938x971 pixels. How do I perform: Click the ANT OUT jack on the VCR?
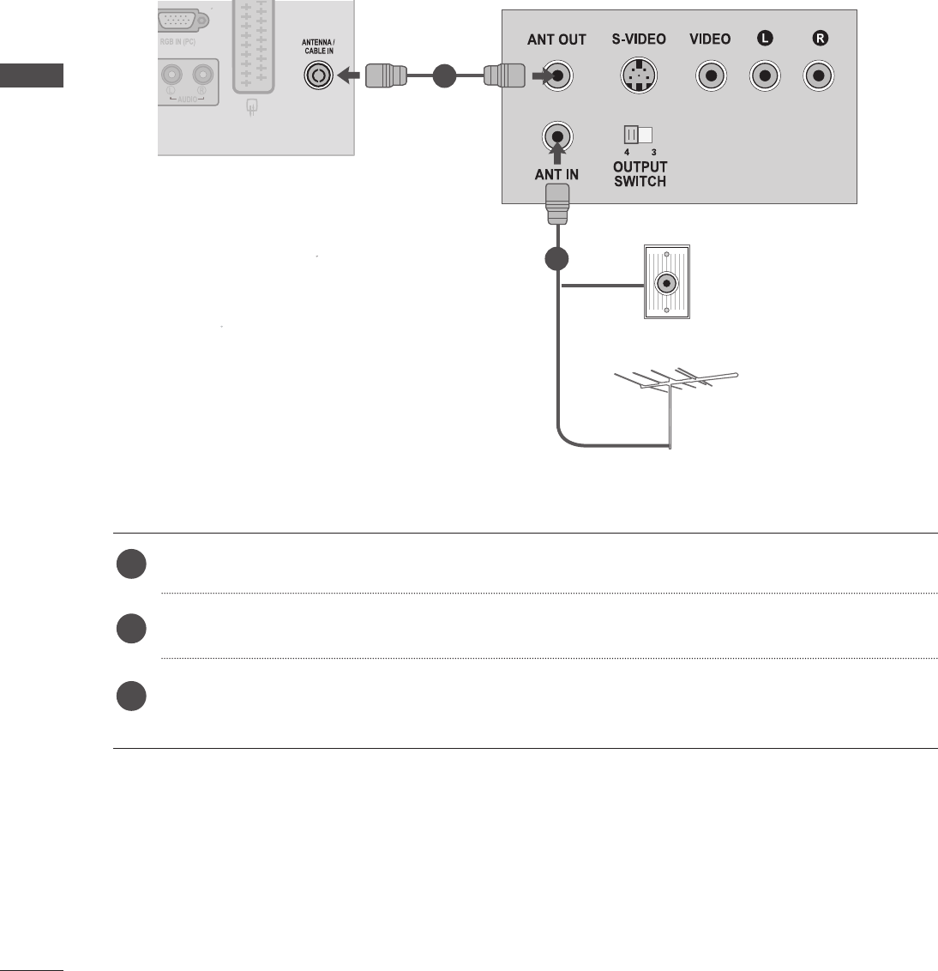tap(558, 76)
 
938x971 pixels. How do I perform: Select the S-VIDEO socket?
tap(638, 76)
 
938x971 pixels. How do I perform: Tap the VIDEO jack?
tap(710, 76)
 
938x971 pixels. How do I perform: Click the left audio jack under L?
tap(764, 76)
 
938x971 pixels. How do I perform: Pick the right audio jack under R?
tap(819, 76)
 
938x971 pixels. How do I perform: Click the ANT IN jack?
tap(557, 136)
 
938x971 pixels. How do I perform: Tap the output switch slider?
tap(639, 135)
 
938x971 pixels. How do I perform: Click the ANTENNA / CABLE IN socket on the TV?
tap(318, 76)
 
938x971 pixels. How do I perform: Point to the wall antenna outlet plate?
tap(666, 282)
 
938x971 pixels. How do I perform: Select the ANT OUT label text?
tap(556, 39)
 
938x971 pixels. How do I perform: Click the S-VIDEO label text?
tap(639, 39)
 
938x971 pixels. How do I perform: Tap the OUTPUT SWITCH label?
tap(640, 174)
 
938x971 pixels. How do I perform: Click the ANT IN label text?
tap(556, 175)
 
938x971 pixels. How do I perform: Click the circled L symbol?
tap(764, 39)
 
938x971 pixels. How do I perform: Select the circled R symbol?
tap(819, 39)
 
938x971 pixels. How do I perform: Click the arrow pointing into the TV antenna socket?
tap(348, 76)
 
